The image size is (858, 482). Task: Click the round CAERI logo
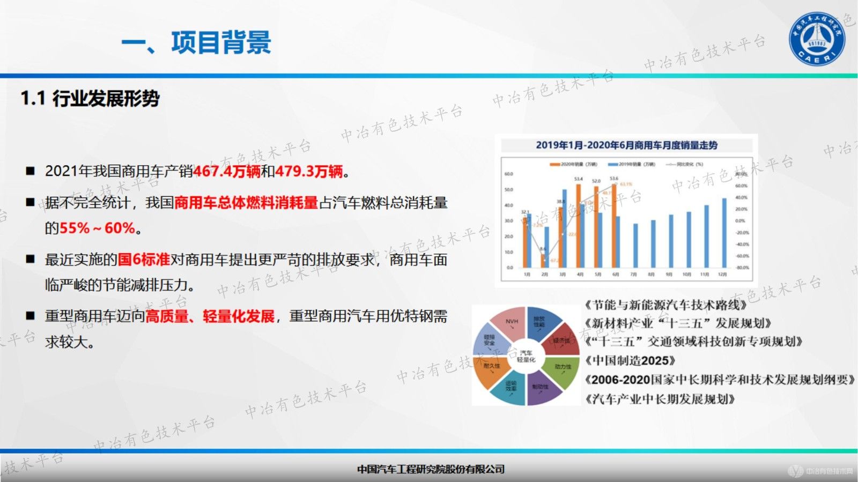(x=817, y=39)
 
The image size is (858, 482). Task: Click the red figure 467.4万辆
(x=226, y=172)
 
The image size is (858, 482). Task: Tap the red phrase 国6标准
(x=144, y=260)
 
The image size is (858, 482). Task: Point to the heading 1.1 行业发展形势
(x=90, y=99)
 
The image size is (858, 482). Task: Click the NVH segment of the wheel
(x=511, y=322)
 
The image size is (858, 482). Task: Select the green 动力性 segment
(x=562, y=368)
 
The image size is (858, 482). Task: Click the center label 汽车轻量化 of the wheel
(x=526, y=356)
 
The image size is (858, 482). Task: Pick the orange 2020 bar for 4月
(x=579, y=226)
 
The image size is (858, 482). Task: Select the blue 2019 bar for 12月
(x=724, y=233)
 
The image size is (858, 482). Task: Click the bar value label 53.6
(x=614, y=179)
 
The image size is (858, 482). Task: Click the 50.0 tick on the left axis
(x=509, y=190)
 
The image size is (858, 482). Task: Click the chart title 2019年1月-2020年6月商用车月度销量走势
(x=626, y=145)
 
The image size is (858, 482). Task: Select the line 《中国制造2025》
(x=630, y=360)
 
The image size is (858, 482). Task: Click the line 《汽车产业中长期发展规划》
(x=660, y=399)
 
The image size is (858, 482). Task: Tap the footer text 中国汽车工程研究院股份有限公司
(x=431, y=470)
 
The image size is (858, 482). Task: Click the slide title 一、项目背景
(x=196, y=43)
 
